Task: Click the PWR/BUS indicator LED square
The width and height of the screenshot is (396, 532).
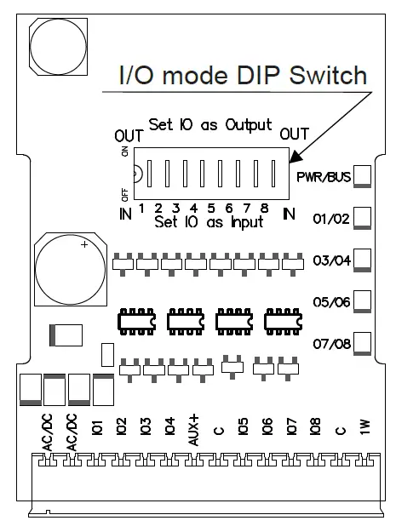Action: [363, 176]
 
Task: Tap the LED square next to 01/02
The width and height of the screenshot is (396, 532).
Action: [363, 217]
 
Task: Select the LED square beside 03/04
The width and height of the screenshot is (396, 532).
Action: [363, 259]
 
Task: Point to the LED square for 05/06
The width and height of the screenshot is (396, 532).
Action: [363, 301]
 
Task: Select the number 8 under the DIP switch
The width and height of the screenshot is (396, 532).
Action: [265, 209]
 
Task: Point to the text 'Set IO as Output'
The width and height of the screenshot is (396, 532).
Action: [210, 124]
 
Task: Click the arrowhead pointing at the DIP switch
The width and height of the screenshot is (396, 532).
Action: [295, 157]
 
